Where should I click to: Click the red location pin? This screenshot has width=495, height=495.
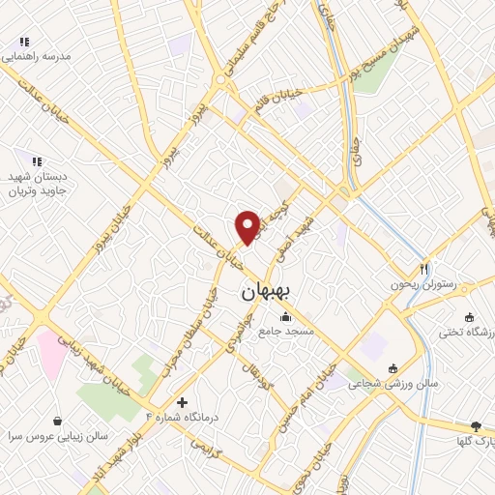(x=248, y=226)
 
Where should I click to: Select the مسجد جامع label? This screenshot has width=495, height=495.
(x=284, y=332)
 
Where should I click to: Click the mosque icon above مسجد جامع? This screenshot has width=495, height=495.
(x=284, y=317)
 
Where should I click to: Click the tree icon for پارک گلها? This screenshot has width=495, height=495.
(x=476, y=426)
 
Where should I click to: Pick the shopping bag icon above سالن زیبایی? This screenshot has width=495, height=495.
(x=59, y=421)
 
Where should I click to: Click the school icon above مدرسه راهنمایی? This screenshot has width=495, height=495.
(x=25, y=43)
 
